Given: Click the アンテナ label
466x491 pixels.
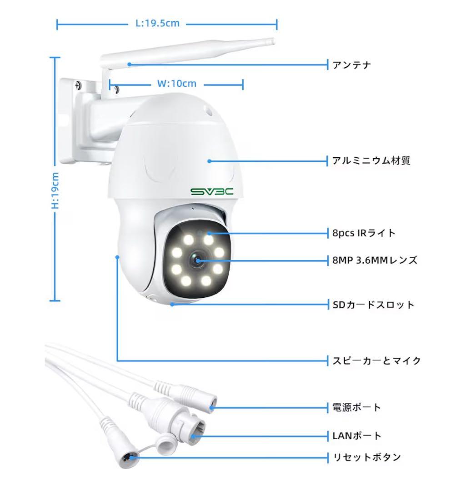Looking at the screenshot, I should pyautogui.click(x=351, y=65).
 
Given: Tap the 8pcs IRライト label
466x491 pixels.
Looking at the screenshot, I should pyautogui.click(x=364, y=233).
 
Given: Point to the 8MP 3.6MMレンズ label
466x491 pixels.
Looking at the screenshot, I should pyautogui.click(x=374, y=261).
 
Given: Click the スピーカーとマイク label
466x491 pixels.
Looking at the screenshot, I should pyautogui.click(x=376, y=361).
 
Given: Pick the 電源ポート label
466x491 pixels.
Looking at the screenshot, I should pyautogui.click(x=356, y=407).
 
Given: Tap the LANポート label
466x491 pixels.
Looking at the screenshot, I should pyautogui.click(x=356, y=436).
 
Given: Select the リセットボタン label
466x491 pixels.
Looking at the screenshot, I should pyautogui.click(x=366, y=457).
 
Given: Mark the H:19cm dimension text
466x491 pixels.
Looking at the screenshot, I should pyautogui.click(x=55, y=190).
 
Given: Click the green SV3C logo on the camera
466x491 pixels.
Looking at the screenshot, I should pyautogui.click(x=212, y=191).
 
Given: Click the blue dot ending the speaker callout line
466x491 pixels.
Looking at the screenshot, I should pyautogui.click(x=117, y=257).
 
